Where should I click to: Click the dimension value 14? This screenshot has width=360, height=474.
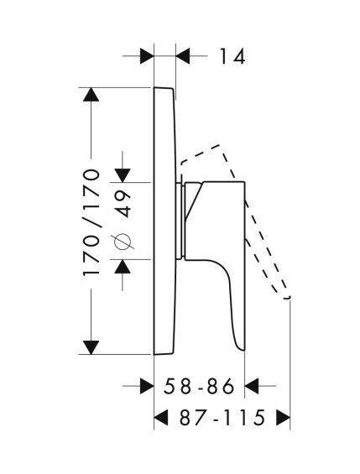coord(232,56)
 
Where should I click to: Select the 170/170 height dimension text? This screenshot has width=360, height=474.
coord(91,223)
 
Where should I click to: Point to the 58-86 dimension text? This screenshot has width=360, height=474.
coord(199,386)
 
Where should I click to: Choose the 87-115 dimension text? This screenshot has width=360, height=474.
coord(222,418)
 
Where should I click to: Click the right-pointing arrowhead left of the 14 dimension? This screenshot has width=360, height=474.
coord(147,56)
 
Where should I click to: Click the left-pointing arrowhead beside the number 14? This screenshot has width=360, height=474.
coord(183,56)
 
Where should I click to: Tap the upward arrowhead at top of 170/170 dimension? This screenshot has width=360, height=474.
coord(91,94)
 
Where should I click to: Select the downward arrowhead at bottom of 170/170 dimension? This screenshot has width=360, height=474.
coord(91,347)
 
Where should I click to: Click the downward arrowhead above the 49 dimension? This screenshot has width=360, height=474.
coord(123,175)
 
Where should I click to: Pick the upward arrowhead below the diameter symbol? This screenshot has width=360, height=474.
coord(123,266)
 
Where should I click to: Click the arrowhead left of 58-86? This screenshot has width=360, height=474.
coord(147,386)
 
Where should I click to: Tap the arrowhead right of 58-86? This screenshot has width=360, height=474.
coord(252,386)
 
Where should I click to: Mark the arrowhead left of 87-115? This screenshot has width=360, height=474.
coord(161,418)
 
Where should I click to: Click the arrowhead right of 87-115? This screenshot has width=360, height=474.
coord(284,418)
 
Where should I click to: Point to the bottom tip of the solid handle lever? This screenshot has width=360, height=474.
coord(243,350)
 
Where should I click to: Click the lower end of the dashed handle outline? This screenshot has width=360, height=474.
coord(286,298)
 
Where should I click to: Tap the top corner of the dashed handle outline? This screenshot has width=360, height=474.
coord(220,145)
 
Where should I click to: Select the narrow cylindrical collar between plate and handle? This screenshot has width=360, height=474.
coord(183,221)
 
